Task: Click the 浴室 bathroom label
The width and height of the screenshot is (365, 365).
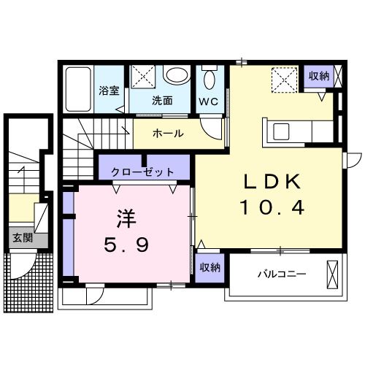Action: [x=109, y=93]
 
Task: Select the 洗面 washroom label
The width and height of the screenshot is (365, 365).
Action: [x=162, y=101]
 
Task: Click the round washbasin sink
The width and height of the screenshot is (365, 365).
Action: [x=176, y=77]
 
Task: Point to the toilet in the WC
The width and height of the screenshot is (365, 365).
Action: [x=210, y=79]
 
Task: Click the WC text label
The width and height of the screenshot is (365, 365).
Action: [x=209, y=101]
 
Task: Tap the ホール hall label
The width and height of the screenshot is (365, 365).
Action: [x=168, y=134]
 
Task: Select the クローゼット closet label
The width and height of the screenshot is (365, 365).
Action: [x=143, y=172]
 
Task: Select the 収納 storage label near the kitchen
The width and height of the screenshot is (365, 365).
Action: [x=318, y=75]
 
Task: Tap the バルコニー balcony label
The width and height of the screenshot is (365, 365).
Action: [x=281, y=274]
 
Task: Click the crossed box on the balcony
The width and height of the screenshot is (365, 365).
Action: [x=332, y=274]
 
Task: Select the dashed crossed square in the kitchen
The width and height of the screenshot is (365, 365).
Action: [x=283, y=78]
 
